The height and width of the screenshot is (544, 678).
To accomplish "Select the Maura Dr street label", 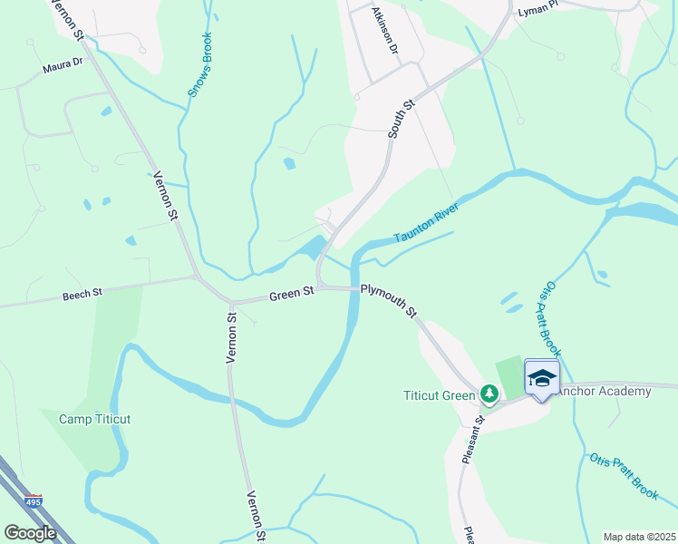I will [63, 68].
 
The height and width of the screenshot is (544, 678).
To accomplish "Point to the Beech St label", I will [83, 295].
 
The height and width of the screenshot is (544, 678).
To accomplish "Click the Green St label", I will [290, 294].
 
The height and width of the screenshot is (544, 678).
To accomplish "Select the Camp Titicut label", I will [95, 419].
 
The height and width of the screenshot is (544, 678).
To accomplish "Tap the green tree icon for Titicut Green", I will [489, 393].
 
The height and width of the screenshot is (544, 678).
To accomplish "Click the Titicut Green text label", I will [439, 394].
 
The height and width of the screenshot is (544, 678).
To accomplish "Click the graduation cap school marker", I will [542, 377].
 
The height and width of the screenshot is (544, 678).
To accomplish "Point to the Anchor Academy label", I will [602, 392].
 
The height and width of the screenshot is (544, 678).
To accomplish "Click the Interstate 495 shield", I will [34, 500].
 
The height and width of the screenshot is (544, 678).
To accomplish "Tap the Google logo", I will [30, 533].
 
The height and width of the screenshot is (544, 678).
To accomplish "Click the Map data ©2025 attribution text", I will [639, 537].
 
